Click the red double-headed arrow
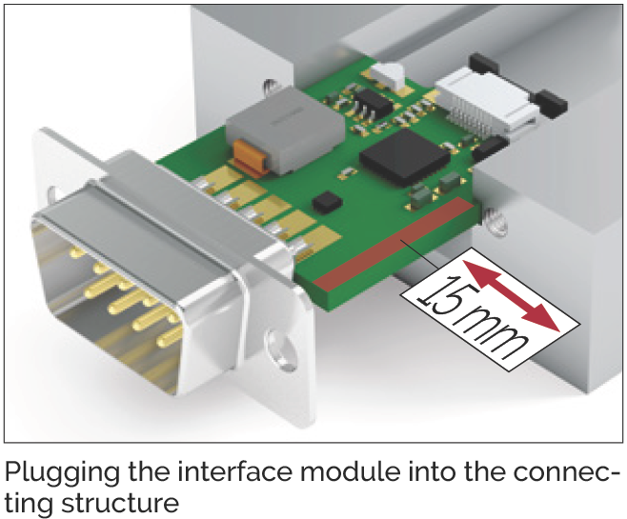click(x=511, y=294)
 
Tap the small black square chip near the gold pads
click(x=328, y=202)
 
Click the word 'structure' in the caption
click(x=119, y=504)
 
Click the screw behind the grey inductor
click(x=272, y=90)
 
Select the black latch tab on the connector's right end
click(x=551, y=105)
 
